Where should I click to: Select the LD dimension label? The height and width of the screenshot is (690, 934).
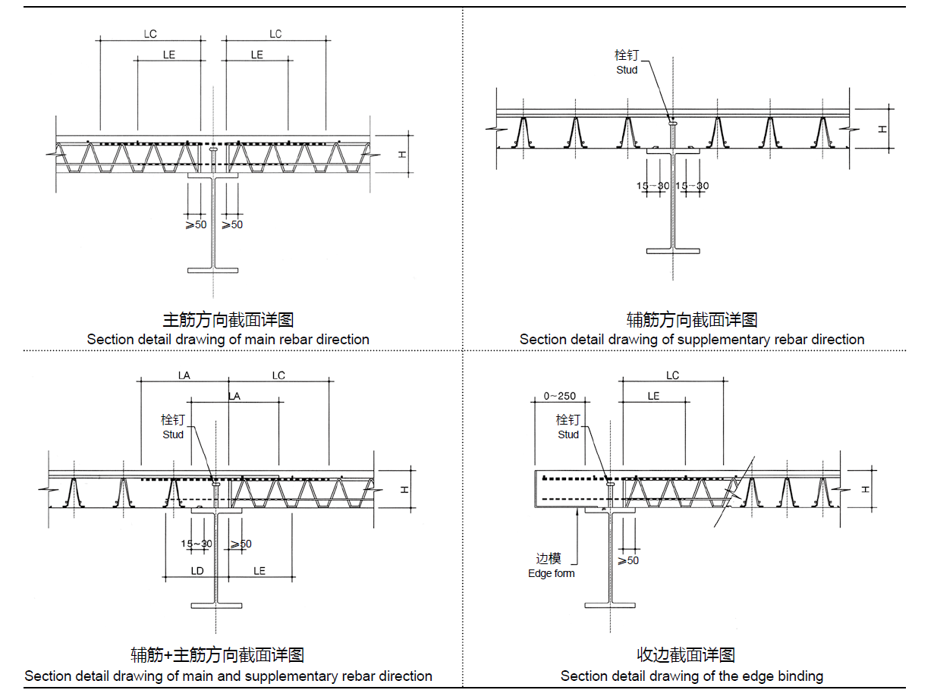(x=197, y=570)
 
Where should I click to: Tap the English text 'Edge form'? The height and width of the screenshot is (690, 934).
(x=552, y=573)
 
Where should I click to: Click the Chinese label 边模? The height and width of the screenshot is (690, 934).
(x=549, y=559)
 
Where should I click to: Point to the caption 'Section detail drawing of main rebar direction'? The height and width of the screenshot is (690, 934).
(x=228, y=339)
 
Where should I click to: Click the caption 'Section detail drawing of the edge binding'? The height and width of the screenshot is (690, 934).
(x=692, y=676)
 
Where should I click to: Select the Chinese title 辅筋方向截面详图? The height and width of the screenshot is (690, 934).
(x=692, y=320)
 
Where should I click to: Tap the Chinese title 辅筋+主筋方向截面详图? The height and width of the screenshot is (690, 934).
(x=217, y=655)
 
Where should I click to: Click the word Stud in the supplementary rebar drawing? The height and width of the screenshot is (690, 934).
(x=627, y=70)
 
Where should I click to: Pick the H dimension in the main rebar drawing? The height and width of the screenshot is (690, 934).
(x=403, y=154)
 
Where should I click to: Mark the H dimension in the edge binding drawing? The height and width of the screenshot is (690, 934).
(x=866, y=489)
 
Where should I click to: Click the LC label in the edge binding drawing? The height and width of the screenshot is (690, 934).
(x=673, y=375)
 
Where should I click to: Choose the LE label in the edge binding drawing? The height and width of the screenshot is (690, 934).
(x=653, y=396)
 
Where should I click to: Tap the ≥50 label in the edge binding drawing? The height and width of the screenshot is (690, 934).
(x=627, y=560)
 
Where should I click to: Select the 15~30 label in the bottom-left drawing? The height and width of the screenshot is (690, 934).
(x=197, y=544)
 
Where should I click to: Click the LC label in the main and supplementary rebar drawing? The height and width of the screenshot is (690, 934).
(x=278, y=375)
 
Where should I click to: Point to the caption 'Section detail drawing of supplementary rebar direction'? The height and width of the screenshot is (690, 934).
(x=692, y=339)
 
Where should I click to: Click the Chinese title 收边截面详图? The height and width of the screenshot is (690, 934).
(x=686, y=655)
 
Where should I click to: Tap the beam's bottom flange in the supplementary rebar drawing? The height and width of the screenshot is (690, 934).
(x=673, y=249)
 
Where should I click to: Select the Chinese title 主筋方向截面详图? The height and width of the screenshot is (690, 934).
(x=228, y=320)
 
